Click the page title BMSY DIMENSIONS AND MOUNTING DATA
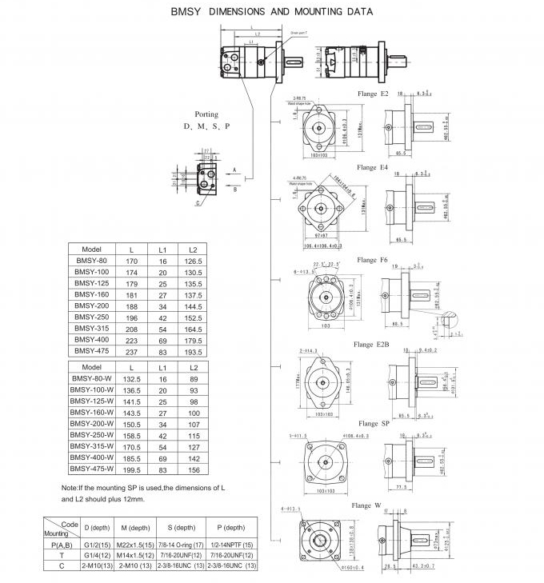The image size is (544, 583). pos(271,14)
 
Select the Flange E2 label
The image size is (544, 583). pos(373,94)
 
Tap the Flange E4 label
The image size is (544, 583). pos(373,168)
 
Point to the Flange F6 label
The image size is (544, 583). pos(373,260)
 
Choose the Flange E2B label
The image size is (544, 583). pos(373,345)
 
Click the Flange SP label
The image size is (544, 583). pos(374,423)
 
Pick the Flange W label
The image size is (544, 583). pos(366,505)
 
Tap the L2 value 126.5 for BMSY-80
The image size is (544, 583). pos(193,260)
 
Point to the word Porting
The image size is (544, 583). pos(206,114)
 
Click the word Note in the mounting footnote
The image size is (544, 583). pos(70,488)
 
